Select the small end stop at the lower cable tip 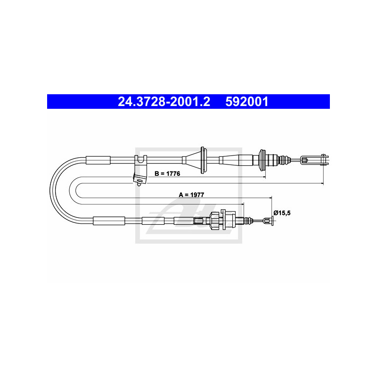click(269, 221)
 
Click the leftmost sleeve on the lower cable click(109, 221)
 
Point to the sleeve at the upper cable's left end click(98, 159)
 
